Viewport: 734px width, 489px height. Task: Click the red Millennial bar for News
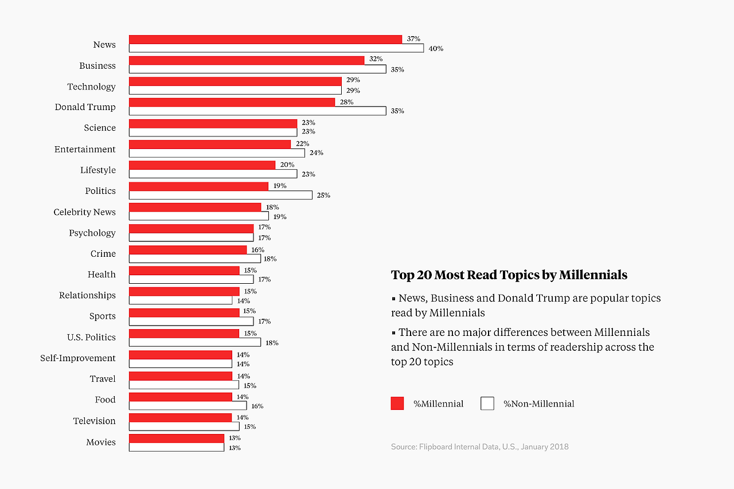pyautogui.click(x=265, y=40)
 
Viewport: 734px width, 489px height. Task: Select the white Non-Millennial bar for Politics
pyautogui.click(x=220, y=195)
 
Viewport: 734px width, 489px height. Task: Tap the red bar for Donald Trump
pyautogui.click(x=232, y=102)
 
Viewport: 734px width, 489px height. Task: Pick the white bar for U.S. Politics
pyautogui.click(x=194, y=342)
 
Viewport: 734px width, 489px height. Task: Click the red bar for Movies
pyautogui.click(x=176, y=438)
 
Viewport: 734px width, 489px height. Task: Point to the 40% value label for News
pyautogui.click(x=436, y=49)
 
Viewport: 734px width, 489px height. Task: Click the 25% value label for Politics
pyautogui.click(x=323, y=195)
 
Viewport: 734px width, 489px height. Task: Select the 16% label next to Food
pyautogui.click(x=257, y=406)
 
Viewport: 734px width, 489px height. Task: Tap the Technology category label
pyautogui.click(x=91, y=87)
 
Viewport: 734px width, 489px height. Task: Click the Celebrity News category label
pyautogui.click(x=84, y=212)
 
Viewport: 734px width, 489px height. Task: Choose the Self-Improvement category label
pyautogui.click(x=77, y=358)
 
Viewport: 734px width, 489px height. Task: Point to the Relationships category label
pyautogui.click(x=87, y=295)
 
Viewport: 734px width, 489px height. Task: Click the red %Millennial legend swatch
pyautogui.click(x=397, y=404)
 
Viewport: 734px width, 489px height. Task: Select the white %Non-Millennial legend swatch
pyautogui.click(x=487, y=404)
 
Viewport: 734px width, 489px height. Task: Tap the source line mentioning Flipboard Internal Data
pyautogui.click(x=479, y=447)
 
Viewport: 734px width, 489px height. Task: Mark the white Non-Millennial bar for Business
pyautogui.click(x=257, y=69)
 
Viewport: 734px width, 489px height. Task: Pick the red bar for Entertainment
pyautogui.click(x=209, y=144)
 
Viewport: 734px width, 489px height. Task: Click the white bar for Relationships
pyautogui.click(x=180, y=300)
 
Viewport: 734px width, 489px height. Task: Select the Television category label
pyautogui.click(x=94, y=421)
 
